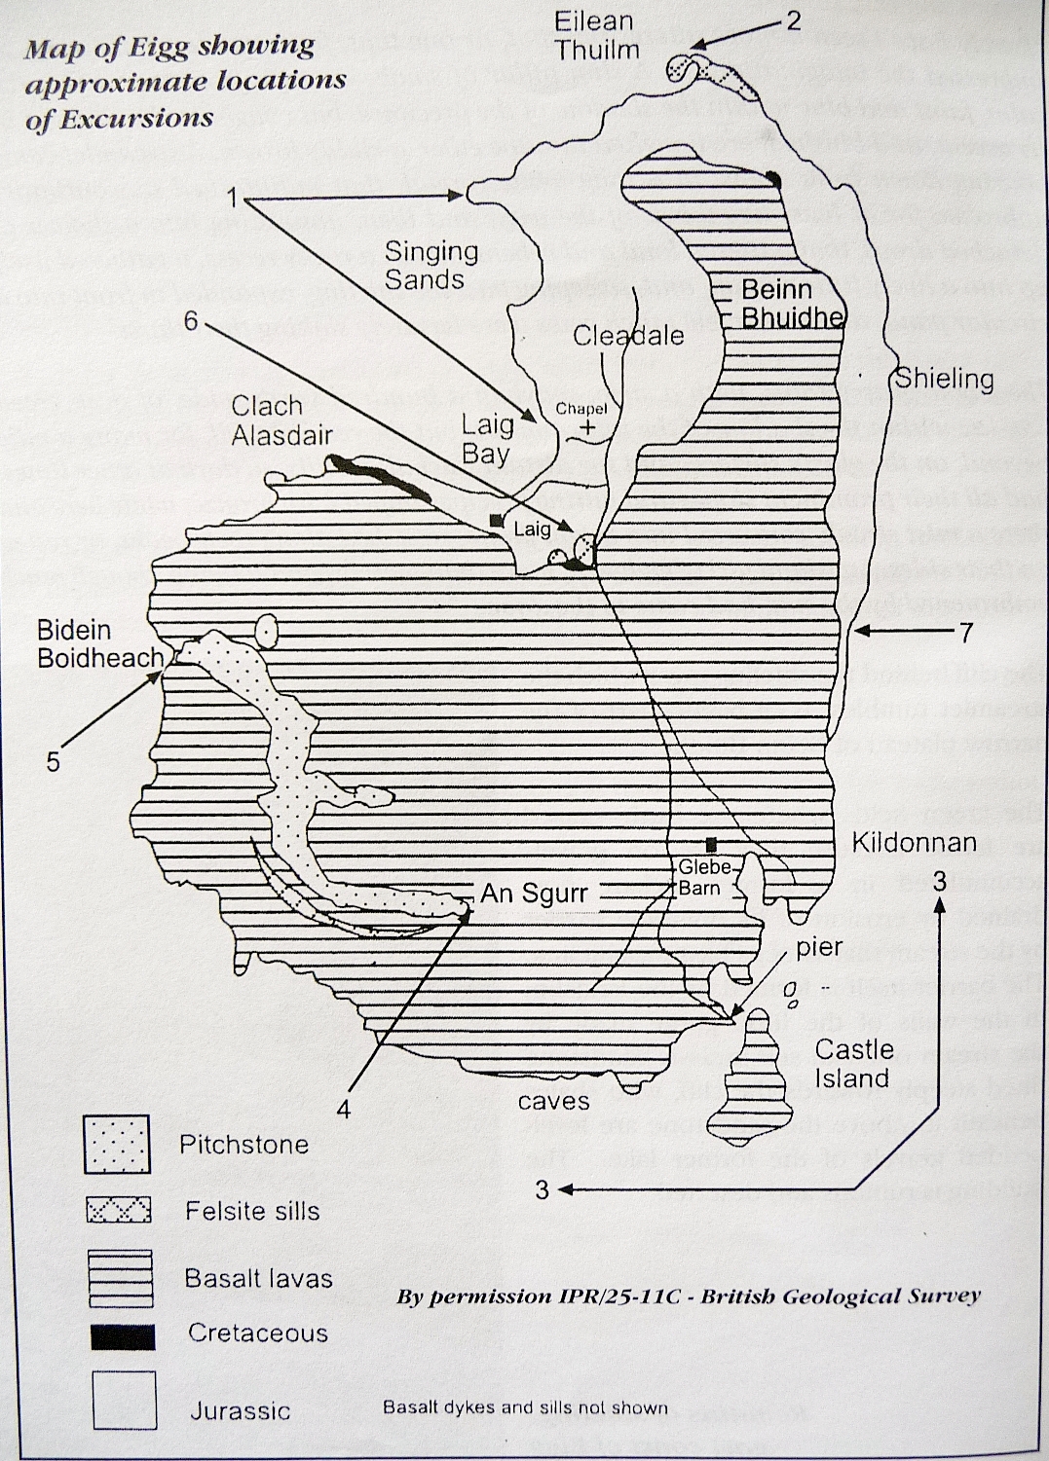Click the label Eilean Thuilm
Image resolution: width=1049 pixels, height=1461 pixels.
pos(596,35)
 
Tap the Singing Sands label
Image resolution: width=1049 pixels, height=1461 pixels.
pos(431,265)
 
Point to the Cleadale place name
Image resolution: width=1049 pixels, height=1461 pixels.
pos(628,336)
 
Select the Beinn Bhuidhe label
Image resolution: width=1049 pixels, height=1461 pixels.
pos(791,304)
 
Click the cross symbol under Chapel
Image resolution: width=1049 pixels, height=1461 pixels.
pos(586,427)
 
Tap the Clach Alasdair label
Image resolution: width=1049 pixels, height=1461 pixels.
pos(281,420)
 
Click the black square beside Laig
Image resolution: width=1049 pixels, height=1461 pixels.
pos(496,520)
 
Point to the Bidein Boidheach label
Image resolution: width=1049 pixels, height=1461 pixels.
pos(100,644)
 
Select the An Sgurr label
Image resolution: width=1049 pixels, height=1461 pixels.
pos(534,893)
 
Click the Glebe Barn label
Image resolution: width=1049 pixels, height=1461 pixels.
pos(698,877)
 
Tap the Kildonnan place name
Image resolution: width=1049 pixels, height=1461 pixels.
pos(914,842)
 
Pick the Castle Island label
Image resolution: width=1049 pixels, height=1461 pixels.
pos(853,1063)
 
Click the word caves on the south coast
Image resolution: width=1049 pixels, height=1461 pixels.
pos(553,1101)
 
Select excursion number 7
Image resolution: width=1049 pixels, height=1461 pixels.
pos(965,633)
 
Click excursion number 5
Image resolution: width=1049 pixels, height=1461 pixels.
pos(54,760)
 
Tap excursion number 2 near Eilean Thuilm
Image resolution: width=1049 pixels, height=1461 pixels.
pos(793,19)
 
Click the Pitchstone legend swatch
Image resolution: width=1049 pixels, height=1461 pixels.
pos(117,1145)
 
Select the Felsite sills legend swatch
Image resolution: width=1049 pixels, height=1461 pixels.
pos(119,1210)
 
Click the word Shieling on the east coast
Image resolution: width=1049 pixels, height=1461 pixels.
pos(944,379)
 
